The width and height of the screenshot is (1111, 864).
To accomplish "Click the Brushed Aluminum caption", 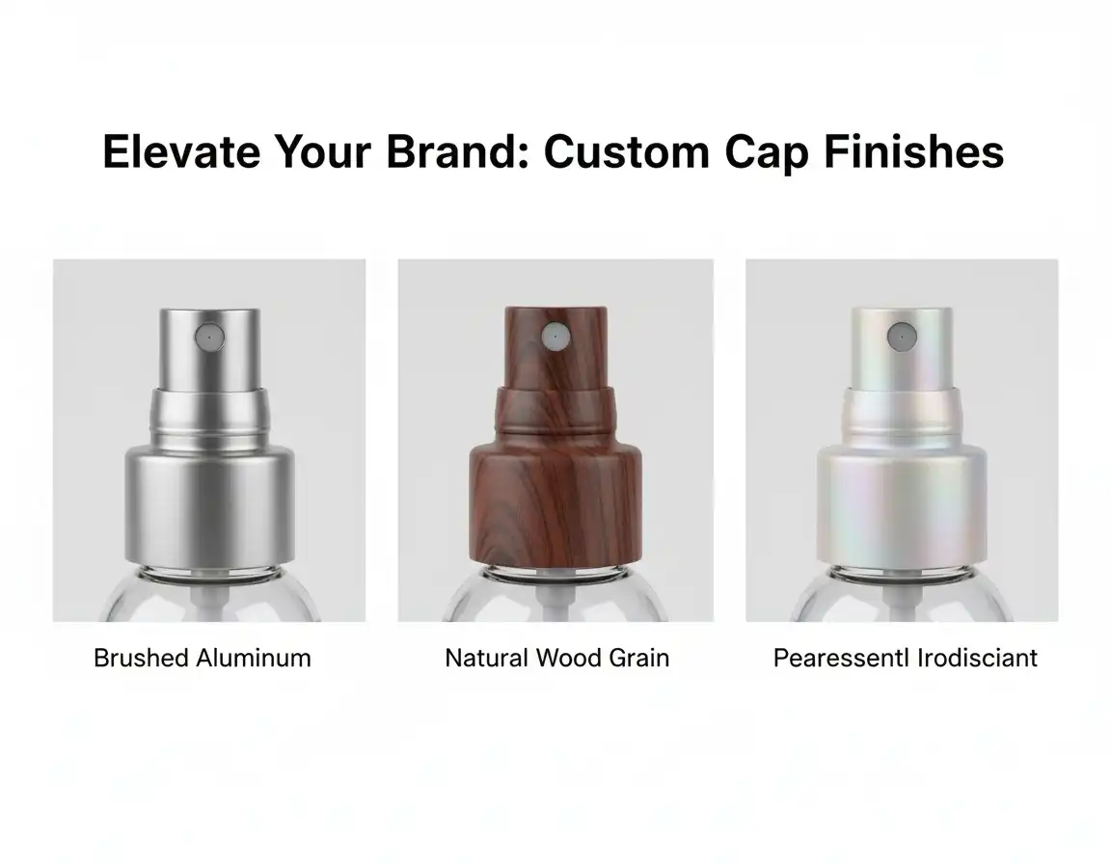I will tap(203, 659).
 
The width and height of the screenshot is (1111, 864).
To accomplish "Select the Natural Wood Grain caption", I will tap(556, 659).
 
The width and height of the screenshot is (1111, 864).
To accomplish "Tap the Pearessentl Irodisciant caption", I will tap(905, 659).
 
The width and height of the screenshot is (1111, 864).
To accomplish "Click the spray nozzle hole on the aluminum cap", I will tap(208, 337).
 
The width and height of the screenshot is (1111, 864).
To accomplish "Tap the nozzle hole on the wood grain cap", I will tap(553, 337).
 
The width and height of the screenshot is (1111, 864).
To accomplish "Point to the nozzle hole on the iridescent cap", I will tap(901, 337).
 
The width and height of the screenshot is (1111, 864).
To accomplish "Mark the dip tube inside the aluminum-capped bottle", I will tap(209, 603).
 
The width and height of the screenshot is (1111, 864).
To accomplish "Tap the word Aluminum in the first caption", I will tap(254, 659).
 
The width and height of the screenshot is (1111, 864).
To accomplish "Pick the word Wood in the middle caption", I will tap(569, 659).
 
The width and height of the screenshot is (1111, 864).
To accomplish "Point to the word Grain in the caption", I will tap(639, 659).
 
